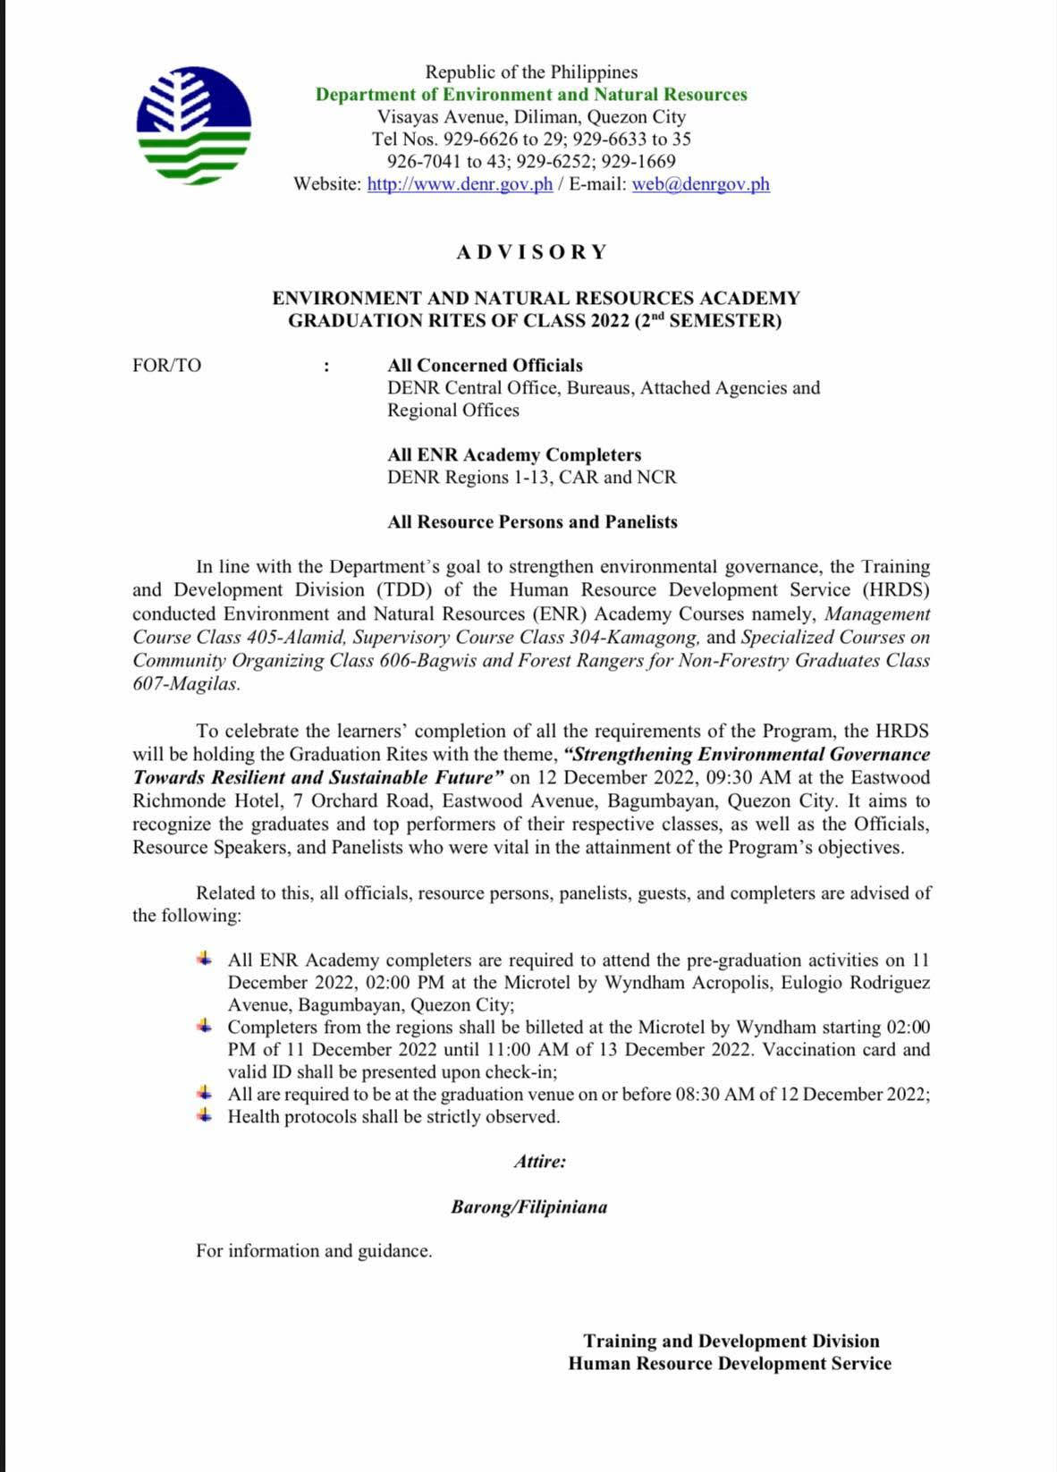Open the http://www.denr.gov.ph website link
460,184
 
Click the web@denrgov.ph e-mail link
700,184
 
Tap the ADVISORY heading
531,252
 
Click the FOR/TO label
166,365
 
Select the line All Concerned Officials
485,365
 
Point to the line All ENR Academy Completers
514,454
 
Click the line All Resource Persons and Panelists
532,521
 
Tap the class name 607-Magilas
186,684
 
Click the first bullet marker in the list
205,959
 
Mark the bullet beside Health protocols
205,1115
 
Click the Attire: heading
539,1162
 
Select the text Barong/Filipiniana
528,1207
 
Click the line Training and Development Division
731,1341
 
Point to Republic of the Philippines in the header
531,72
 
